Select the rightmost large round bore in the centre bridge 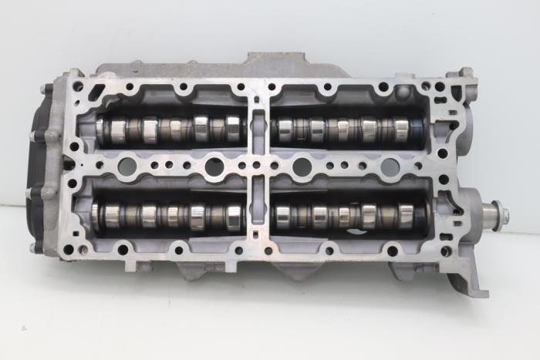390,167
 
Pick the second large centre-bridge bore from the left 214,165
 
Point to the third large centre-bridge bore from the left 302,167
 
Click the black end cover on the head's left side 42,166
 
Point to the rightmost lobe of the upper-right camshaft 402,129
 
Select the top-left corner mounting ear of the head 75,75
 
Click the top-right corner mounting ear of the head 466,75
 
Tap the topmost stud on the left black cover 49,92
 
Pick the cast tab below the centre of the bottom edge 282,271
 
